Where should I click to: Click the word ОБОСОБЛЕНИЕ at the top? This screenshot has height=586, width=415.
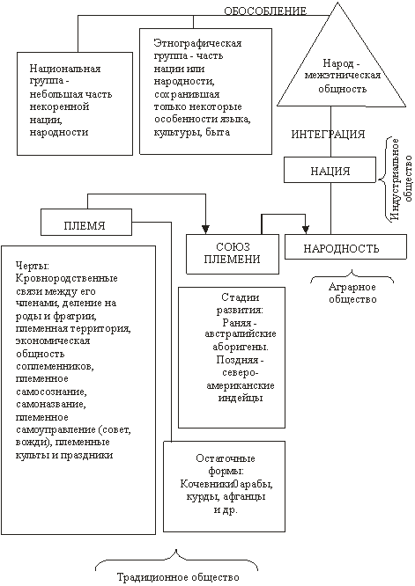[265, 11]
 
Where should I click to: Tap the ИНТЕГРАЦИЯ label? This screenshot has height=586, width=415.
[328, 134]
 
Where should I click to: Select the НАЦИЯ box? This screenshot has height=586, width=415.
[330, 170]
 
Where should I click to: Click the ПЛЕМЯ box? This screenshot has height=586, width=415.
[86, 222]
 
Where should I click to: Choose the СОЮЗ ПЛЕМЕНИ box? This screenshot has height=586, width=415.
[233, 254]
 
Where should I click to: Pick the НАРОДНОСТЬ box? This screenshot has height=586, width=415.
[345, 246]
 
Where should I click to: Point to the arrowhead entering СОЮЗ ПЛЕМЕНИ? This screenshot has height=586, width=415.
[205, 229]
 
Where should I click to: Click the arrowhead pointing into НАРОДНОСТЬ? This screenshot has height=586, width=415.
[306, 229]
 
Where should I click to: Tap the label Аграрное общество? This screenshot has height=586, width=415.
[352, 293]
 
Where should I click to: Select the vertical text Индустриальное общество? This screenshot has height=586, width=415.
[400, 179]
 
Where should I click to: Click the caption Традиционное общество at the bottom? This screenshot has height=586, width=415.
[178, 577]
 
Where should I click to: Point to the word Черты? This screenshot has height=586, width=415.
[33, 266]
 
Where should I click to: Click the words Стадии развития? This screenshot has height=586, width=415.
[241, 304]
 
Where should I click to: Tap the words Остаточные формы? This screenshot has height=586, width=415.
[226, 465]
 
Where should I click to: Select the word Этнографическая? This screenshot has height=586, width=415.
[197, 43]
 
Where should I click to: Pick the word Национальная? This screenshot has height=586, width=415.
[65, 69]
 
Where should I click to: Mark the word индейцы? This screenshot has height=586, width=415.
[241, 399]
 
